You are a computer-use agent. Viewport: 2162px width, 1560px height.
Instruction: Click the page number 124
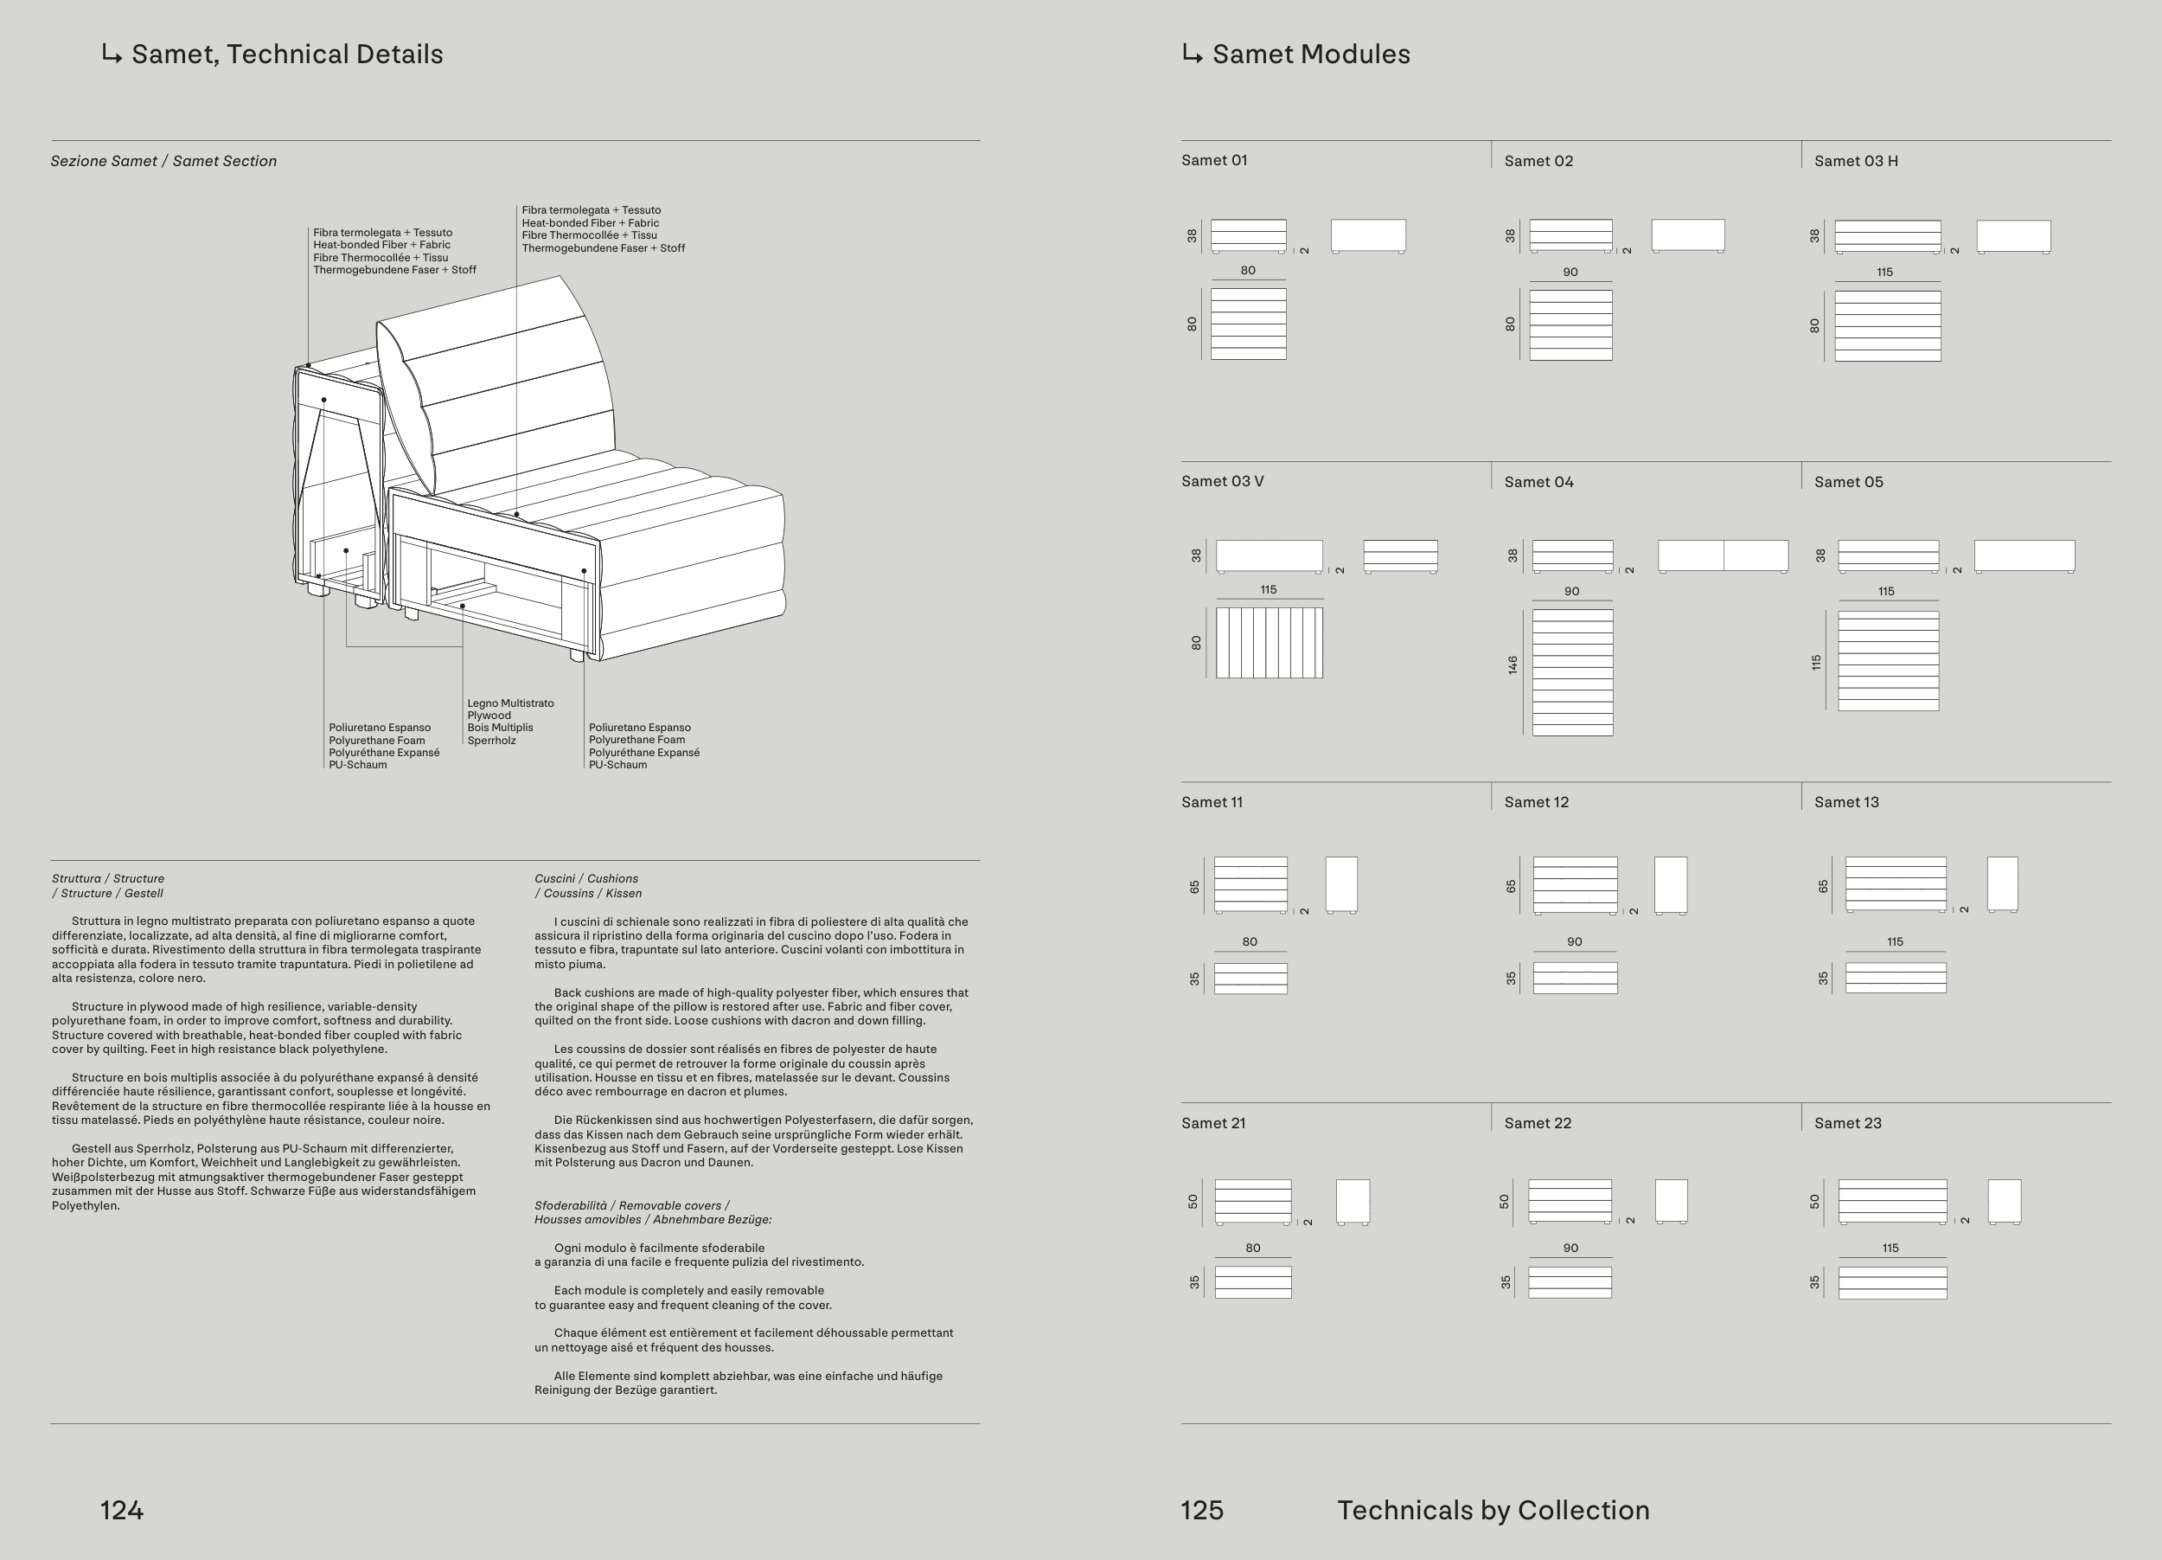pyautogui.click(x=121, y=1511)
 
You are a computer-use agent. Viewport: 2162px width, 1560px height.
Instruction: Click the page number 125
pyautogui.click(x=1201, y=1511)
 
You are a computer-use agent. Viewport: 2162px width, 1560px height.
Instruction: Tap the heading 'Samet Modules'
pyautogui.click(x=1310, y=55)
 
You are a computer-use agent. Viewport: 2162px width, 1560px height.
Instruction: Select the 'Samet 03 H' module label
pyautogui.click(x=1855, y=161)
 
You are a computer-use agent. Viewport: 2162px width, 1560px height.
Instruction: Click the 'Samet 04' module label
pyautogui.click(x=1538, y=483)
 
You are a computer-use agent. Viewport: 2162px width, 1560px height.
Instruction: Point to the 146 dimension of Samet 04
pyautogui.click(x=1513, y=665)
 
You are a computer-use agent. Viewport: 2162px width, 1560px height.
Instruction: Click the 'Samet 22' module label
pyautogui.click(x=1537, y=1123)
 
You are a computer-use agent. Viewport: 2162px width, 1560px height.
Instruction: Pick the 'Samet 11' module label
pyautogui.click(x=1212, y=803)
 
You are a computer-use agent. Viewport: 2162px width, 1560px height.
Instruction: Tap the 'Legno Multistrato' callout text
pyautogui.click(x=510, y=703)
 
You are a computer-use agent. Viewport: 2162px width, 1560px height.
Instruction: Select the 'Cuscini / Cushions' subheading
pyautogui.click(x=586, y=879)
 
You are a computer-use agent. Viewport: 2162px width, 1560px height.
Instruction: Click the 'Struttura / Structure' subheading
pyautogui.click(x=108, y=879)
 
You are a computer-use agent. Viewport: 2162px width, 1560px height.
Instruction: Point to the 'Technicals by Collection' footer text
pyautogui.click(x=1493, y=1511)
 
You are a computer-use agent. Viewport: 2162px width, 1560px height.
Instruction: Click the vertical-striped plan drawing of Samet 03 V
pyautogui.click(x=1269, y=644)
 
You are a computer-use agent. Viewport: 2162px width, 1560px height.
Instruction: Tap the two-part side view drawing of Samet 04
pyautogui.click(x=1723, y=556)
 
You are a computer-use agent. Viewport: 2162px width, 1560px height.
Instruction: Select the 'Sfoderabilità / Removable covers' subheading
pyautogui.click(x=632, y=1206)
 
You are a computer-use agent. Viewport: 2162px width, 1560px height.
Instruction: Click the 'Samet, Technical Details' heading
pyautogui.click(x=286, y=55)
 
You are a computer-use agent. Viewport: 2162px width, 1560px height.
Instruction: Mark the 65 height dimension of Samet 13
pyautogui.click(x=1823, y=886)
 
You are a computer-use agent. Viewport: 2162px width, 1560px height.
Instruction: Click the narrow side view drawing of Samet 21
pyautogui.click(x=1352, y=1202)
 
